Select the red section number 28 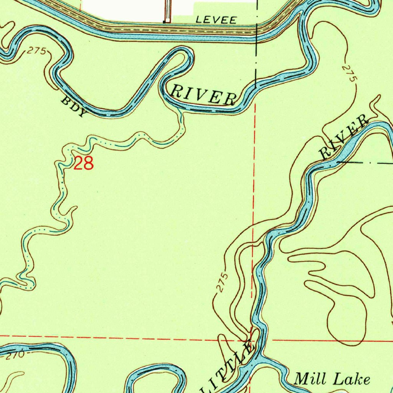point(83,164)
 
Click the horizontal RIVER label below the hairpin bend point(202,95)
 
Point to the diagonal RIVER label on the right point(343,138)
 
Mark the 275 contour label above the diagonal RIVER point(348,73)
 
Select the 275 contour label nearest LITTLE point(221,283)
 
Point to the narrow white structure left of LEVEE point(167,11)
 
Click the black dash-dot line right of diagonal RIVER point(365,163)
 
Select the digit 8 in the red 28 point(88,164)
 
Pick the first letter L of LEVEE point(197,20)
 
